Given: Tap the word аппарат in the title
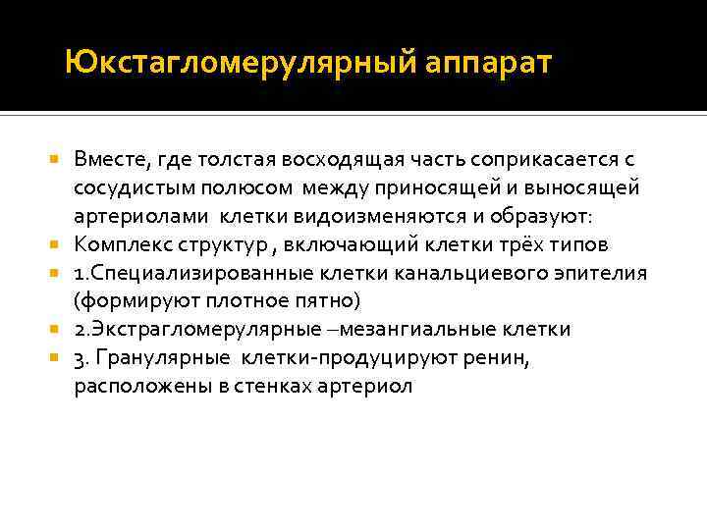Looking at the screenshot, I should pos(490,65).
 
